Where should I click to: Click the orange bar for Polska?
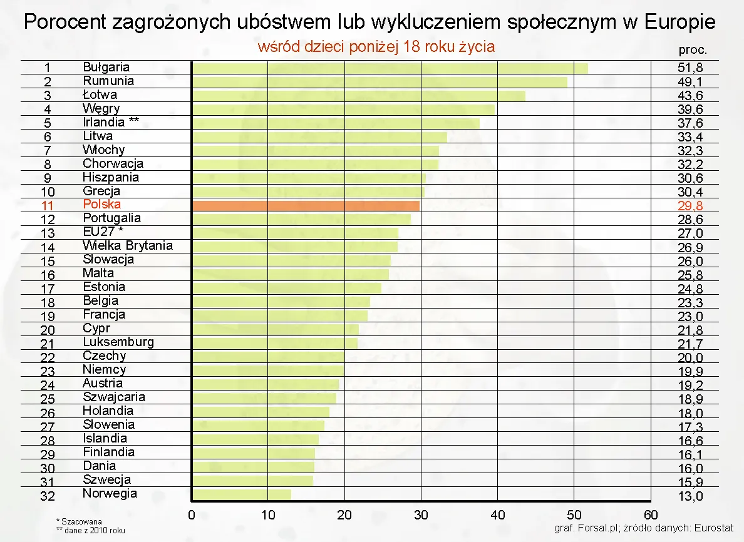pos(306,205)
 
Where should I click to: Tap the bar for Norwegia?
pos(241,494)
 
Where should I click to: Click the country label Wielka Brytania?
pos(128,246)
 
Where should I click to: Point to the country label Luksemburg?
pos(118,342)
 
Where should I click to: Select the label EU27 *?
pos(103,232)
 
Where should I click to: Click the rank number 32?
pos(48,496)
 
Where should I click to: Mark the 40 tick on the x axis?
pos(498,516)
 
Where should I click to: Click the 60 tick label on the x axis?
pos(651,516)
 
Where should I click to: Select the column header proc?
pos(693,51)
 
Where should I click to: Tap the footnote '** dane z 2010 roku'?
pos(91,530)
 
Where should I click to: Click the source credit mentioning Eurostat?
pos(644,528)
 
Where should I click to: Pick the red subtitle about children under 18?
pos(376,47)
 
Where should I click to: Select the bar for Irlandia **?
pos(335,123)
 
